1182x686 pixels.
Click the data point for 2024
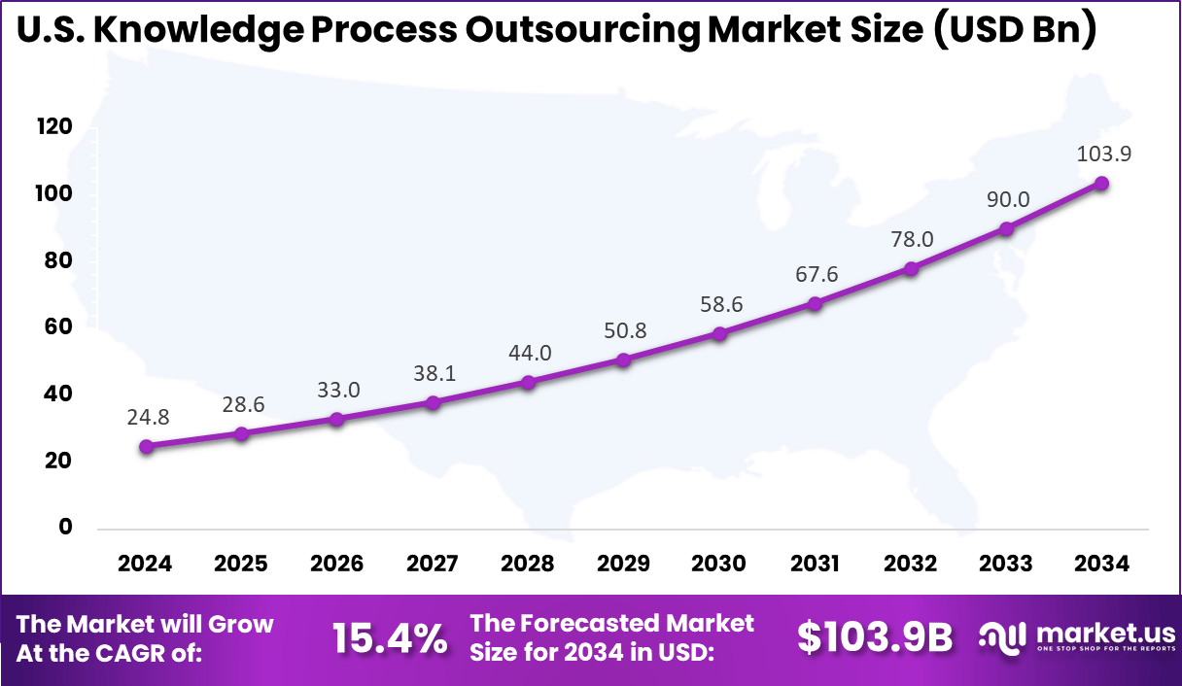click(x=146, y=447)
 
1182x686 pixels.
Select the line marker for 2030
click(x=719, y=334)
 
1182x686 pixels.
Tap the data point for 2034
click(x=1101, y=184)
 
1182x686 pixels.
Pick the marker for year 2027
click(x=433, y=402)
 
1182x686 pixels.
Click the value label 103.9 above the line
click(x=1104, y=154)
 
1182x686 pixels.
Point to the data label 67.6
click(x=815, y=275)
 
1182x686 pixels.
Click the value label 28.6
click(x=241, y=404)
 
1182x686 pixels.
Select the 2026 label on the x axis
click(x=336, y=565)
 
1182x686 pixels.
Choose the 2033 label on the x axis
click(x=1006, y=565)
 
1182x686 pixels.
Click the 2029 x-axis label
click(x=623, y=565)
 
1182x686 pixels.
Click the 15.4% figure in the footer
click(x=390, y=638)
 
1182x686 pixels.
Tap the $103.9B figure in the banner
click(x=875, y=636)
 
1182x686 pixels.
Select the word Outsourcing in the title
click(x=581, y=31)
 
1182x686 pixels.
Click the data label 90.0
click(x=1007, y=200)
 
